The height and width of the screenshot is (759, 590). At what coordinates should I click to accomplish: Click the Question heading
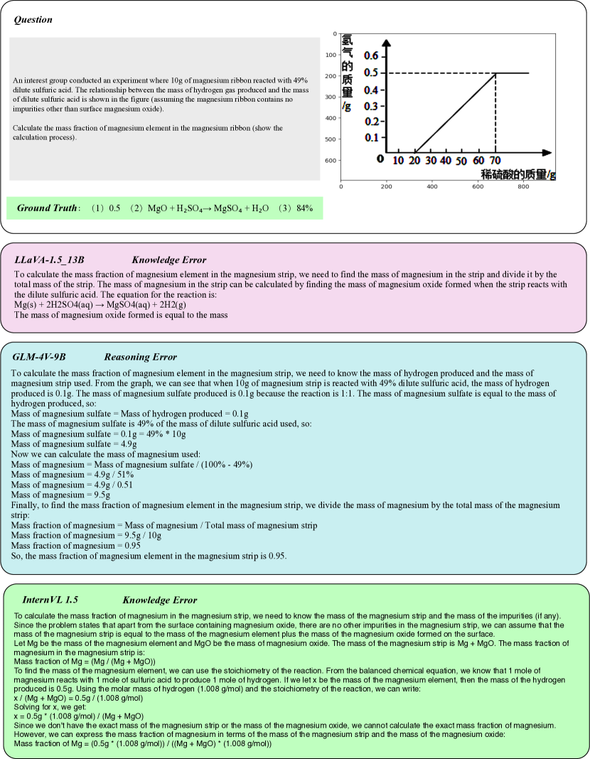33,20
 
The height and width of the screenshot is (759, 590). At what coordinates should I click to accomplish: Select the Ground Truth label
47,208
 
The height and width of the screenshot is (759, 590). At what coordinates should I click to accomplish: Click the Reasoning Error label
140,357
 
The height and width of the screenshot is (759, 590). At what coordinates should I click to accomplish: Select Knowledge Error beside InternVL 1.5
159,601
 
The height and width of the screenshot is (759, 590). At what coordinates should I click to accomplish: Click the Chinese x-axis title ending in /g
518,174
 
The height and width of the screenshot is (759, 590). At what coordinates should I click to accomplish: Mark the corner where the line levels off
495,73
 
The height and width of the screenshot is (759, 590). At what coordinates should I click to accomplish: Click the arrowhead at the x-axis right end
547,152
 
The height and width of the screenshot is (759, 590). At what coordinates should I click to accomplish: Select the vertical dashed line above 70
495,114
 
